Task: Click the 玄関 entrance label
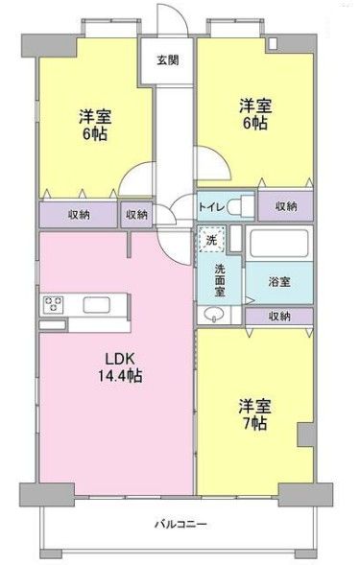click(x=168, y=59)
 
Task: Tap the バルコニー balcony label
click(x=181, y=524)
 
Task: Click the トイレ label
click(x=212, y=206)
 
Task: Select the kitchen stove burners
click(x=52, y=307)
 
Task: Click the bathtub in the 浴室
click(x=277, y=245)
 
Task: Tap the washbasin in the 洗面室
click(x=212, y=315)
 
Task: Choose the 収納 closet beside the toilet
click(x=285, y=205)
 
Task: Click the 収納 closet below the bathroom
click(x=278, y=315)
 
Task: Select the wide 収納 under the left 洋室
click(x=79, y=215)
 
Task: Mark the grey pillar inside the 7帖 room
click(x=305, y=434)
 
